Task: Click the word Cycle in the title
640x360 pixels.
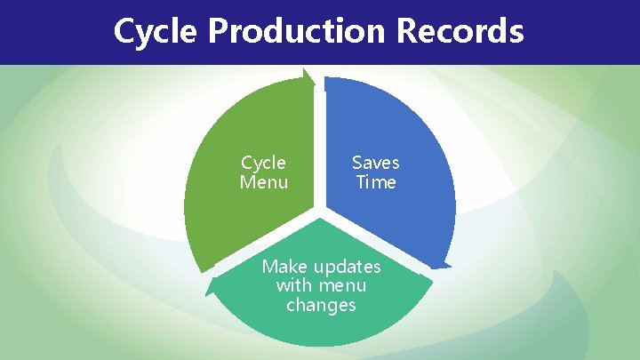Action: tap(156, 32)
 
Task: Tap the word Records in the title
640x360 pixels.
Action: tap(460, 32)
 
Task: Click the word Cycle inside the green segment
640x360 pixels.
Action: tap(264, 163)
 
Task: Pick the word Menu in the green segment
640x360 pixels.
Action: tap(264, 183)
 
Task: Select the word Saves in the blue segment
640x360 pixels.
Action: tap(375, 163)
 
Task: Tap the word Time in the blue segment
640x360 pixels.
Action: tap(375, 183)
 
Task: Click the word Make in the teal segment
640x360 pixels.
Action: tap(283, 267)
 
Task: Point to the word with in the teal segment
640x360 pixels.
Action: tap(293, 285)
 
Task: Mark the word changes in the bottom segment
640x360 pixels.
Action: tap(321, 305)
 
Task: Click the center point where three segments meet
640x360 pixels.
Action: tap(320, 213)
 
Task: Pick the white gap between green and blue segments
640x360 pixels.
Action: tap(320, 142)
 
